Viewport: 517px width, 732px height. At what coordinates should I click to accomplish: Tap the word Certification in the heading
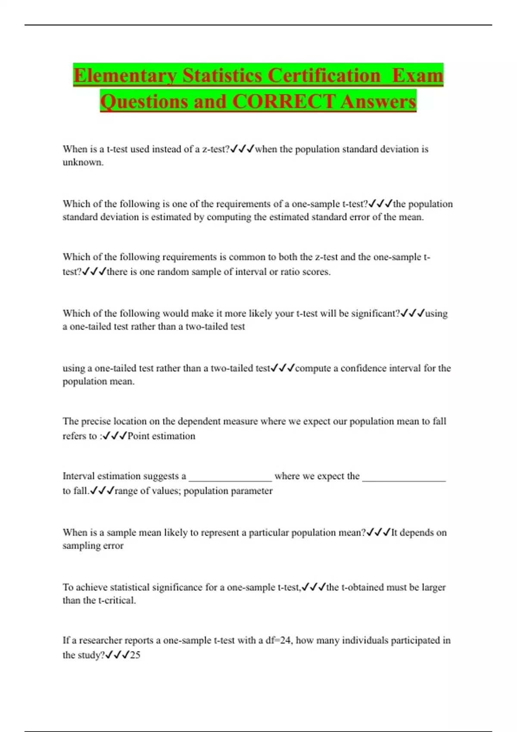click(x=324, y=75)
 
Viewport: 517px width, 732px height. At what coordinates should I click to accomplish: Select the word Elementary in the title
click(x=125, y=75)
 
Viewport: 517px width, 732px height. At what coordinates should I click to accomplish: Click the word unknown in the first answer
click(x=83, y=162)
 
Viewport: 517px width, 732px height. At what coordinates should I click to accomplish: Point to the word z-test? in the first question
click(x=216, y=149)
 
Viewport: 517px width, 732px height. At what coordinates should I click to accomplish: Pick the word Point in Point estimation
click(x=138, y=436)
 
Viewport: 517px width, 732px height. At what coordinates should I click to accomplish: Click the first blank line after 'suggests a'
click(x=230, y=477)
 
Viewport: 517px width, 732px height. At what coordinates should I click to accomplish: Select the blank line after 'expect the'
click(x=404, y=477)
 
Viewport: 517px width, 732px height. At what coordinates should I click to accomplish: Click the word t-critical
click(x=117, y=600)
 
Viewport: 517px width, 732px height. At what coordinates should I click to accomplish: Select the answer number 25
click(x=135, y=655)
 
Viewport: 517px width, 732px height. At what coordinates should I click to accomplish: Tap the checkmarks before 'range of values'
click(x=102, y=491)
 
